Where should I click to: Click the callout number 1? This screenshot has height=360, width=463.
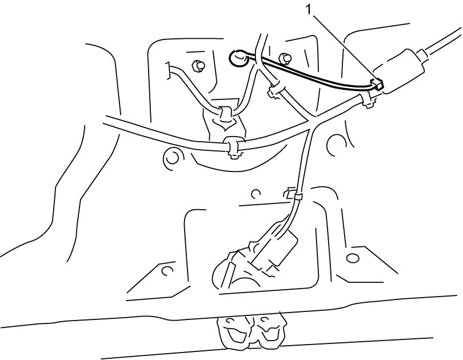pyautogui.click(x=309, y=10)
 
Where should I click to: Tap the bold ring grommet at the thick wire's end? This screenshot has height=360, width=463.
pyautogui.click(x=237, y=58)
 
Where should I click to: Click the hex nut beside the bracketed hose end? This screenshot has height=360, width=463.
pyautogui.click(x=197, y=66)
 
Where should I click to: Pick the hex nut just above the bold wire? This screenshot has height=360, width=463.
pyautogui.click(x=284, y=58)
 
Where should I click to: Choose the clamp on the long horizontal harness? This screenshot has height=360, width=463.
pyautogui.click(x=233, y=147)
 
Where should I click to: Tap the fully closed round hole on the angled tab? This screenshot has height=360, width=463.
pyautogui.click(x=352, y=258)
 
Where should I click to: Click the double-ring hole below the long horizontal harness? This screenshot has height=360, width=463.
pyautogui.click(x=171, y=158)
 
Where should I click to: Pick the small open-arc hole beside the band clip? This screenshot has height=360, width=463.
pyautogui.click(x=256, y=194)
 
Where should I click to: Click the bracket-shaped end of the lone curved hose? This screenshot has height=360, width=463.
pyautogui.click(x=168, y=71)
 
